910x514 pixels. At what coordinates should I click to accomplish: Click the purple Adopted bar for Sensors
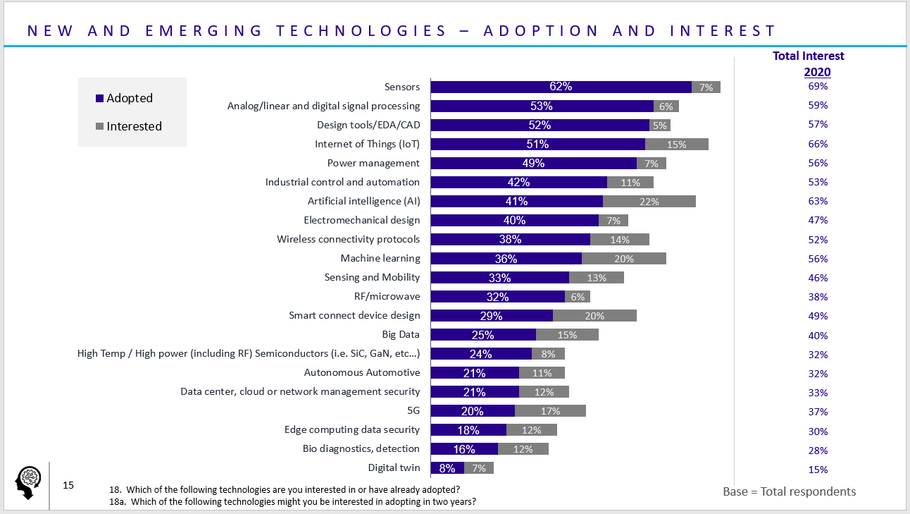pyautogui.click(x=561, y=87)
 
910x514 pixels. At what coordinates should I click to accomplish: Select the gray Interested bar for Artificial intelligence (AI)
pyautogui.click(x=649, y=201)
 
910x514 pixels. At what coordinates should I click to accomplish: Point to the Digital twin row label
pyautogui.click(x=394, y=467)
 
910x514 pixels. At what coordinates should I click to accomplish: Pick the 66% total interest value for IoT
pyautogui.click(x=818, y=144)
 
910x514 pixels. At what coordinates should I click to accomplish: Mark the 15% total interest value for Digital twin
pyautogui.click(x=818, y=470)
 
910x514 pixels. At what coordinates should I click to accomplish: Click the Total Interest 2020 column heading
pyautogui.click(x=809, y=63)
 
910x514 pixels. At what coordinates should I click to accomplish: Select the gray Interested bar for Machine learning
pyautogui.click(x=623, y=259)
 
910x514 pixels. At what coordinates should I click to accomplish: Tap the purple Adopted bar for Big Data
pyautogui.click(x=483, y=335)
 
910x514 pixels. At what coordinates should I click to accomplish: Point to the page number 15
pyautogui.click(x=68, y=485)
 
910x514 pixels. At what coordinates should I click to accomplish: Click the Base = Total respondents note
pyautogui.click(x=789, y=491)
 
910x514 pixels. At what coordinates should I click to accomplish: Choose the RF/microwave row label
pyautogui.click(x=387, y=296)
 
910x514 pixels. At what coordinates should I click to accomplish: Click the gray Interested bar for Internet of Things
pyautogui.click(x=676, y=144)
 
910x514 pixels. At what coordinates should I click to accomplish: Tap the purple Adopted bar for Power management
pyautogui.click(x=533, y=163)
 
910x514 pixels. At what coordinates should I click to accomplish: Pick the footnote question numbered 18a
pyautogui.click(x=292, y=502)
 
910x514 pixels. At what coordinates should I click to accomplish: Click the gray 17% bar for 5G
pyautogui.click(x=550, y=411)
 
